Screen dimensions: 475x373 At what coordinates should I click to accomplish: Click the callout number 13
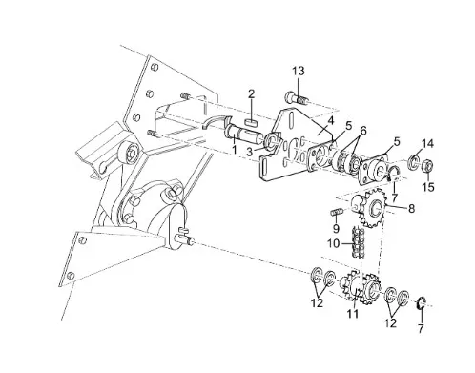click(299, 71)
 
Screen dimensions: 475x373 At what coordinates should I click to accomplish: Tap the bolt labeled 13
click(296, 97)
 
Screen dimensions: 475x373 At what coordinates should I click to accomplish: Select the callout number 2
click(252, 94)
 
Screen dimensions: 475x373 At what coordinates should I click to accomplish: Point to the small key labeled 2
click(251, 122)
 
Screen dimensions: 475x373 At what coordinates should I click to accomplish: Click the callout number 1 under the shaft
click(235, 149)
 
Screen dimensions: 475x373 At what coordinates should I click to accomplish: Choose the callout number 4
click(331, 121)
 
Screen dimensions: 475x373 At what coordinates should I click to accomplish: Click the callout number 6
click(362, 131)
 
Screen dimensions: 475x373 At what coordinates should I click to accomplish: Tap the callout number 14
click(427, 143)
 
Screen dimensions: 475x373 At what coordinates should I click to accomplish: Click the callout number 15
click(428, 187)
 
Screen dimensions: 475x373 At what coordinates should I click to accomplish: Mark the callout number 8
click(411, 209)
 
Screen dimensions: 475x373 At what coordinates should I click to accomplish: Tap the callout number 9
click(336, 228)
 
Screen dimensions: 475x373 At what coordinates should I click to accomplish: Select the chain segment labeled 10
click(357, 243)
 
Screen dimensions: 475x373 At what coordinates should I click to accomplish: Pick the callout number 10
click(334, 244)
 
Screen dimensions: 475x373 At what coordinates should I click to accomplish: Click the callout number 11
click(353, 314)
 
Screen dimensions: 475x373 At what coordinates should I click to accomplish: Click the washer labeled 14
click(414, 160)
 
